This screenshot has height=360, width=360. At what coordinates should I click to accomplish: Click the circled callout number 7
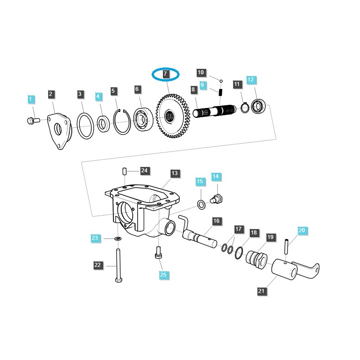(165, 74)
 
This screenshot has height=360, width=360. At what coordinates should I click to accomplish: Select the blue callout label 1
(31, 99)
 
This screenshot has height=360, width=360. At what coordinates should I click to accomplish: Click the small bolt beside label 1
(31, 120)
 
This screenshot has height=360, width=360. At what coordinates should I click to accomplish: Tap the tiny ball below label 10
(221, 81)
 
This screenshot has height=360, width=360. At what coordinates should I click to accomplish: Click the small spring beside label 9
(221, 92)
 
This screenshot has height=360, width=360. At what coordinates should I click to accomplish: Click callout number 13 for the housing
(175, 173)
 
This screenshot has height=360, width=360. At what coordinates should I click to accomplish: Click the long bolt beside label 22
(118, 265)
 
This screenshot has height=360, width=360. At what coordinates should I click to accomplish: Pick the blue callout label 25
(163, 274)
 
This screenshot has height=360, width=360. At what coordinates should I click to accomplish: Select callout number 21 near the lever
(261, 291)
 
